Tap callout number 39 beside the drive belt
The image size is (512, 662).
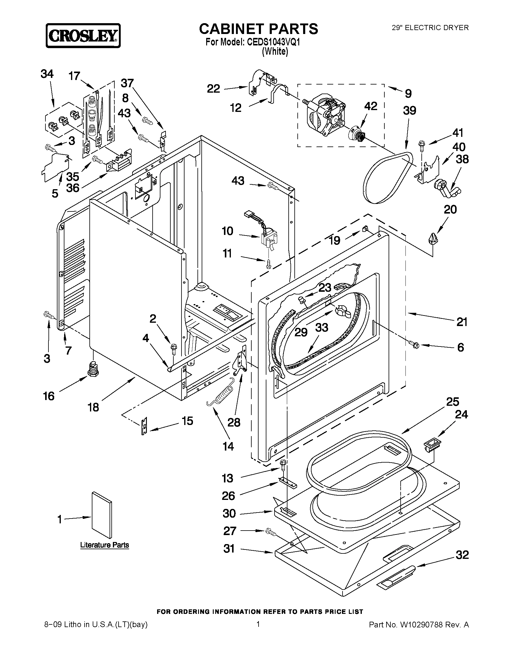coord(409,111)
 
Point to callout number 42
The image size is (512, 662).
coord(370,106)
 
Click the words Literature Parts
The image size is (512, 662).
coord(104,545)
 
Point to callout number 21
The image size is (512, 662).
coord(461,322)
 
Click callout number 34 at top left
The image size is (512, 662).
coord(47,74)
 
